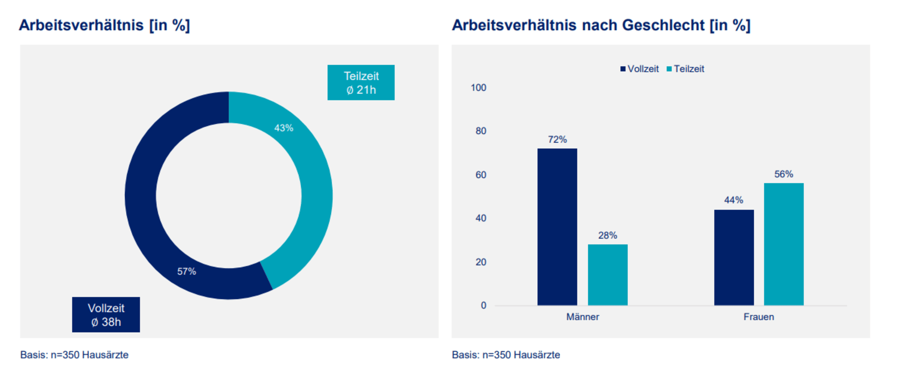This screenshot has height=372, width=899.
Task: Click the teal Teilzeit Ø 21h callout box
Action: click(x=361, y=82)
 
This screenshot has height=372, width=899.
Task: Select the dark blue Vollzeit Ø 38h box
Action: click(x=106, y=315)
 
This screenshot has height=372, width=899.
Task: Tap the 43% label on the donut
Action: click(x=284, y=128)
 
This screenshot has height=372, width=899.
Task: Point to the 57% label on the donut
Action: click(x=187, y=272)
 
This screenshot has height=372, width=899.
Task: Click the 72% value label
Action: click(x=557, y=139)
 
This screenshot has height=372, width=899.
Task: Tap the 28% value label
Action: click(x=608, y=236)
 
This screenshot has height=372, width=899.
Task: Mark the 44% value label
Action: click(x=734, y=200)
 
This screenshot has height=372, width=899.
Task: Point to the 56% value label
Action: click(x=784, y=174)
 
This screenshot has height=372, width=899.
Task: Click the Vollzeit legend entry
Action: click(x=640, y=69)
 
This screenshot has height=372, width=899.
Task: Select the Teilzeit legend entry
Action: click(x=686, y=69)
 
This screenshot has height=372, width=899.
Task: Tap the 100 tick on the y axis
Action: click(x=478, y=88)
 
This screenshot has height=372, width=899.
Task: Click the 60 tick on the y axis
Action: click(x=481, y=175)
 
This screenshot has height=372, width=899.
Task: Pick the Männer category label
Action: click(x=583, y=317)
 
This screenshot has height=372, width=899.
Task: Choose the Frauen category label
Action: click(x=759, y=317)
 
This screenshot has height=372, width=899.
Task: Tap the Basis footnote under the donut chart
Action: click(x=74, y=355)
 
